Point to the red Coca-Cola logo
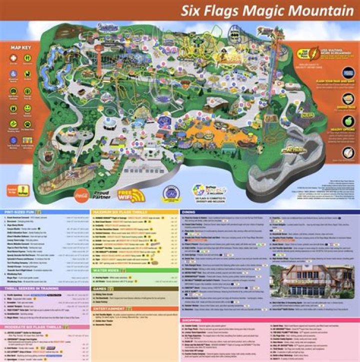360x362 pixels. coord(81,192)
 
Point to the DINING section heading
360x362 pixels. coord(188,212)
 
